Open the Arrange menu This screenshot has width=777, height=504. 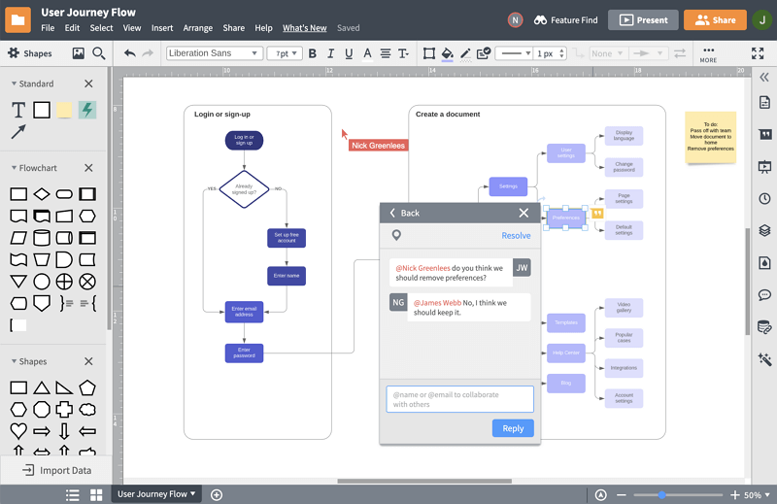pyautogui.click(x=198, y=28)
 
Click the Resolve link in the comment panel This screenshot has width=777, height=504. pyautogui.click(x=516, y=236)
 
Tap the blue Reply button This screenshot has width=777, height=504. pyautogui.click(x=513, y=428)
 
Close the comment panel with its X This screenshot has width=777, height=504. pyautogui.click(x=524, y=213)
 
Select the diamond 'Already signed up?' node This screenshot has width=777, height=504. pyautogui.click(x=244, y=188)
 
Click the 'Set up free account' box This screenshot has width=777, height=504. pyautogui.click(x=287, y=238)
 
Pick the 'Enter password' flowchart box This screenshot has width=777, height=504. pyautogui.click(x=244, y=353)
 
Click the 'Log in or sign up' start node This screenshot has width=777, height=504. pyautogui.click(x=244, y=140)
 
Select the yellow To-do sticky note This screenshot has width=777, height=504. pyautogui.click(x=711, y=137)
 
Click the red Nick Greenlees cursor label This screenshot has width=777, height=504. pyautogui.click(x=379, y=146)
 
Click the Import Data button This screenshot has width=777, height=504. pyautogui.click(x=57, y=470)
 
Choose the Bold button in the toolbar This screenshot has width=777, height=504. pyautogui.click(x=313, y=53)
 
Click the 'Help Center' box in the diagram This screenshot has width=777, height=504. pyautogui.click(x=566, y=353)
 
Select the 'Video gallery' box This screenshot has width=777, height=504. pyautogui.click(x=624, y=308)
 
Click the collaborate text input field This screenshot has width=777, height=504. pyautogui.click(x=459, y=399)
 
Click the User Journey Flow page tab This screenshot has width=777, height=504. pyautogui.click(x=156, y=494)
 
